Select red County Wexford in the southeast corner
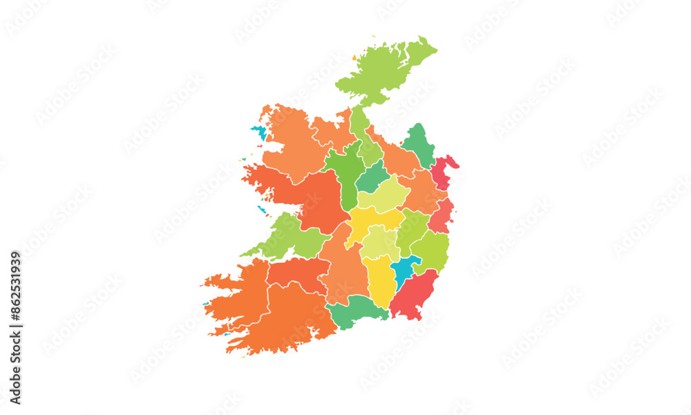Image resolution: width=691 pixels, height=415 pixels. [415, 294]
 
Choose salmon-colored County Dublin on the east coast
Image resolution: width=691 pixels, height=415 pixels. [441, 216]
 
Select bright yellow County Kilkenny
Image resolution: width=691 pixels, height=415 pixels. [379, 280]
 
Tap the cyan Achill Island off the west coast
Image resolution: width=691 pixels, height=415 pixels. [259, 131]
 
